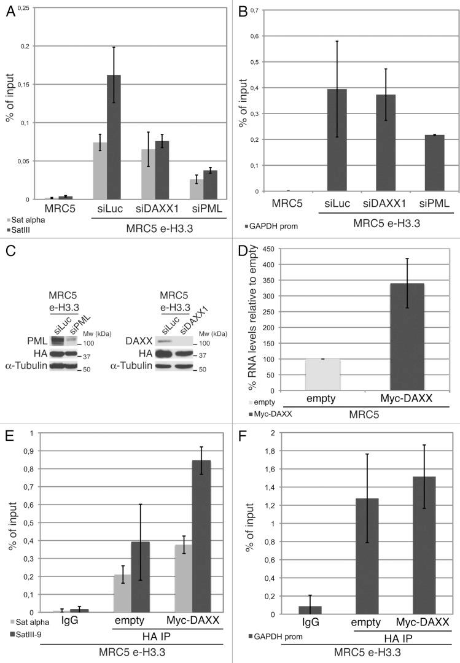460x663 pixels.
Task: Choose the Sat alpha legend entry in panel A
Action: click(x=25, y=218)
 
